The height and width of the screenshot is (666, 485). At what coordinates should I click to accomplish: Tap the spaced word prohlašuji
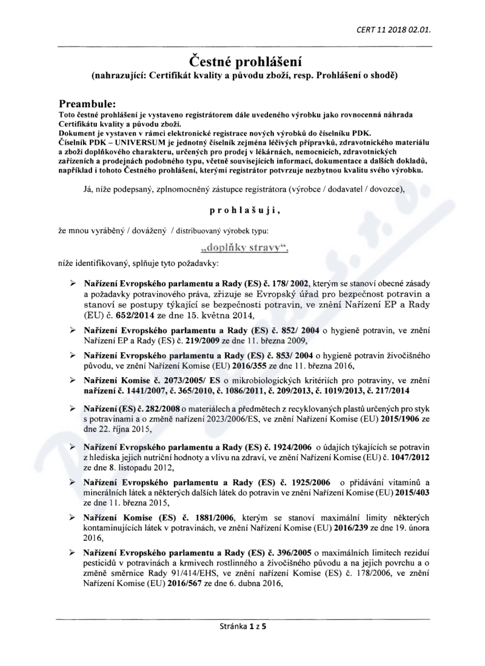pos(242,210)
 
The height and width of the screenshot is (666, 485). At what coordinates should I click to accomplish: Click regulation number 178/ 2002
pos(291,283)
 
